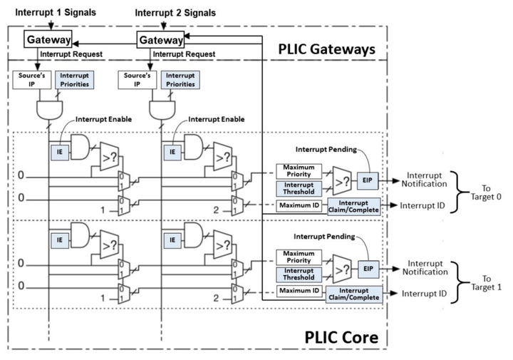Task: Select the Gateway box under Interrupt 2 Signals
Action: (160, 41)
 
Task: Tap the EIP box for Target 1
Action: (368, 269)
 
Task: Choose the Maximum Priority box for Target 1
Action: (299, 257)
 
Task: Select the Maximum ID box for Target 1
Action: (299, 291)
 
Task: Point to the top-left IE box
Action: (59, 151)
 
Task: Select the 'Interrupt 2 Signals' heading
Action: (175, 13)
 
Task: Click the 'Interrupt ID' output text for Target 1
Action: (425, 293)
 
